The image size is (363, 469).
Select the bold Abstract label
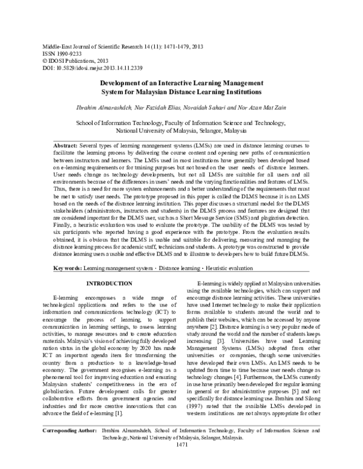[65, 146]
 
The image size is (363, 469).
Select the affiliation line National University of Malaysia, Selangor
[181, 130]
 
